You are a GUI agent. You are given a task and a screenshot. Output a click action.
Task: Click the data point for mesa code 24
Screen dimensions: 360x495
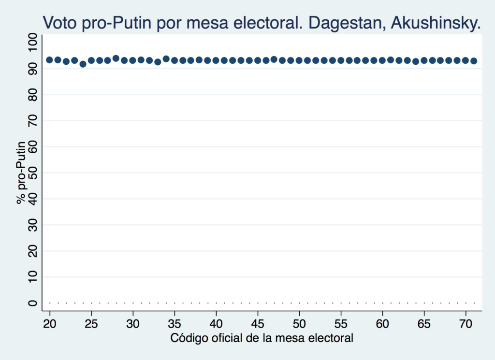(83, 64)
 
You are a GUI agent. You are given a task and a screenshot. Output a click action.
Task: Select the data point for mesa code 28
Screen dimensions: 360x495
(116, 58)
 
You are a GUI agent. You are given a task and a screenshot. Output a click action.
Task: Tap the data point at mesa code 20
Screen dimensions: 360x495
(49, 60)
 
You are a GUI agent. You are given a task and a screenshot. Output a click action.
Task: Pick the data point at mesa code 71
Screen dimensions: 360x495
(474, 61)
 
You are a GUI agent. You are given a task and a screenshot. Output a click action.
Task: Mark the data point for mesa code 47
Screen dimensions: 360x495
(274, 59)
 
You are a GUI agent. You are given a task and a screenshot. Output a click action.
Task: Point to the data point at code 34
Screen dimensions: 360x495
(166, 59)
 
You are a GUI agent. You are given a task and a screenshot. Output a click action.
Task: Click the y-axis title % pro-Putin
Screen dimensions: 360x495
(22, 172)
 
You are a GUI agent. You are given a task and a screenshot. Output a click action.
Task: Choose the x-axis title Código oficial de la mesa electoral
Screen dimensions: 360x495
(262, 338)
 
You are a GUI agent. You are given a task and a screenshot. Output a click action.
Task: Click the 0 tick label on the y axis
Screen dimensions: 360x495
(32, 303)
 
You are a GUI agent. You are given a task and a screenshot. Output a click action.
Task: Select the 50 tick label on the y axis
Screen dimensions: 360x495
(32, 173)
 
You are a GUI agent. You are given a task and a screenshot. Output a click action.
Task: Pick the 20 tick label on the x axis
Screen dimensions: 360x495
(49, 323)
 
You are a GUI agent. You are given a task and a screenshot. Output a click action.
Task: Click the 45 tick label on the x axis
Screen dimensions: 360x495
(258, 323)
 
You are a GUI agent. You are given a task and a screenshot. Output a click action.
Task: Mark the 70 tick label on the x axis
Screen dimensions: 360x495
(466, 323)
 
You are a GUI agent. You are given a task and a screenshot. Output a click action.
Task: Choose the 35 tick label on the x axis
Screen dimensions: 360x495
(175, 323)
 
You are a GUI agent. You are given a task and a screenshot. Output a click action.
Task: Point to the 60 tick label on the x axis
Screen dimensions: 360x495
(382, 323)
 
